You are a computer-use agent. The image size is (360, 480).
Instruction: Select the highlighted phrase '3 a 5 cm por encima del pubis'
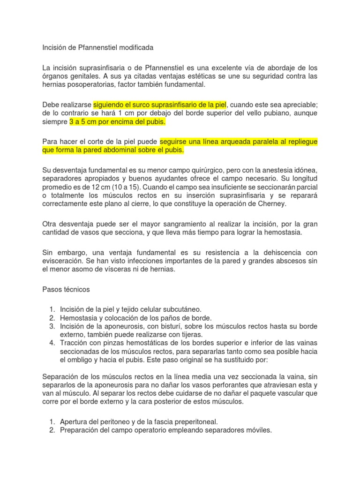[x=118, y=121]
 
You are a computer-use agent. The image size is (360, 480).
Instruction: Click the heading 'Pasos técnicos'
[x=66, y=290]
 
